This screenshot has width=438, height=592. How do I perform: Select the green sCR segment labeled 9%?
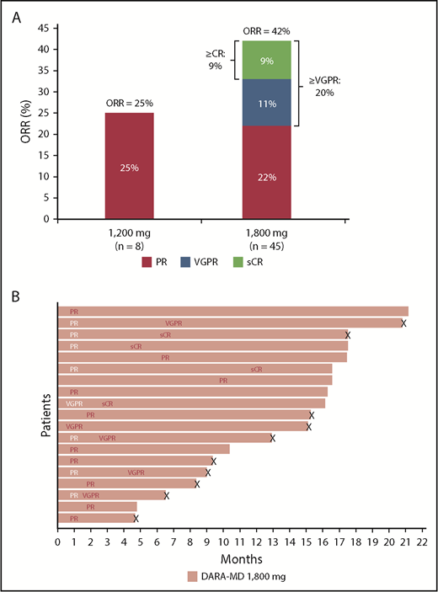coord(267,60)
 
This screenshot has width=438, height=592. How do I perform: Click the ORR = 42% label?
coord(267,31)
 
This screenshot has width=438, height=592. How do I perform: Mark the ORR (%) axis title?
coord(18,123)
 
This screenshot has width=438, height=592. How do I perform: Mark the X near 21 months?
coord(403,323)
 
